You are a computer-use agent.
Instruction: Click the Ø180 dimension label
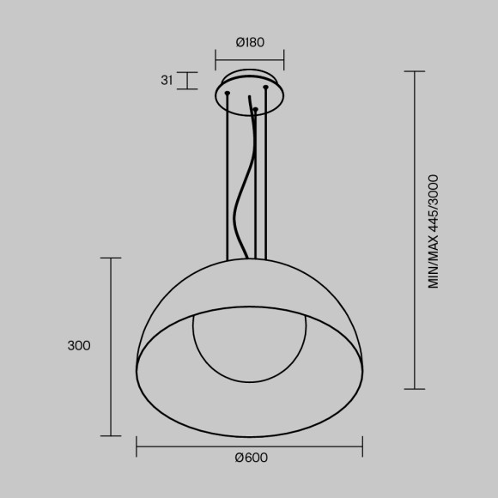coord(249,41)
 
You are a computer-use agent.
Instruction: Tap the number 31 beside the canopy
coord(167,81)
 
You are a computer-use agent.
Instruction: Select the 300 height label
coord(78,346)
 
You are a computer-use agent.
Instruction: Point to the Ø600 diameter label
coord(251,458)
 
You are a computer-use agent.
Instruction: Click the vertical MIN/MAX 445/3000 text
coord(434,230)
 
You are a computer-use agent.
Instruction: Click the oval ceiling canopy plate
coord(249,100)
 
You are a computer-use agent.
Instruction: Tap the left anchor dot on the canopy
coord(228,93)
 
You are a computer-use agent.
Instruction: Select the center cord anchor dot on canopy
coord(255,108)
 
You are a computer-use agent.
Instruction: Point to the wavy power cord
coord(242,197)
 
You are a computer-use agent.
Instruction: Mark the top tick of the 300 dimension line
coord(111,258)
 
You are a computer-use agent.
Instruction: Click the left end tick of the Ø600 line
coord(137,446)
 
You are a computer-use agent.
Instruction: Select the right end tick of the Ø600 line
coord(361,446)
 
